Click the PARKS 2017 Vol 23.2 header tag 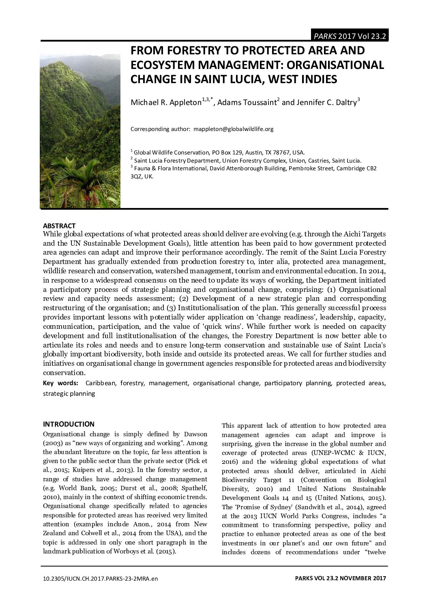349,36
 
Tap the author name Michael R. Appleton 165,103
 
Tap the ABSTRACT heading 59,226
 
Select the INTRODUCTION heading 69,424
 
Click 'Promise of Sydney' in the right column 257,507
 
